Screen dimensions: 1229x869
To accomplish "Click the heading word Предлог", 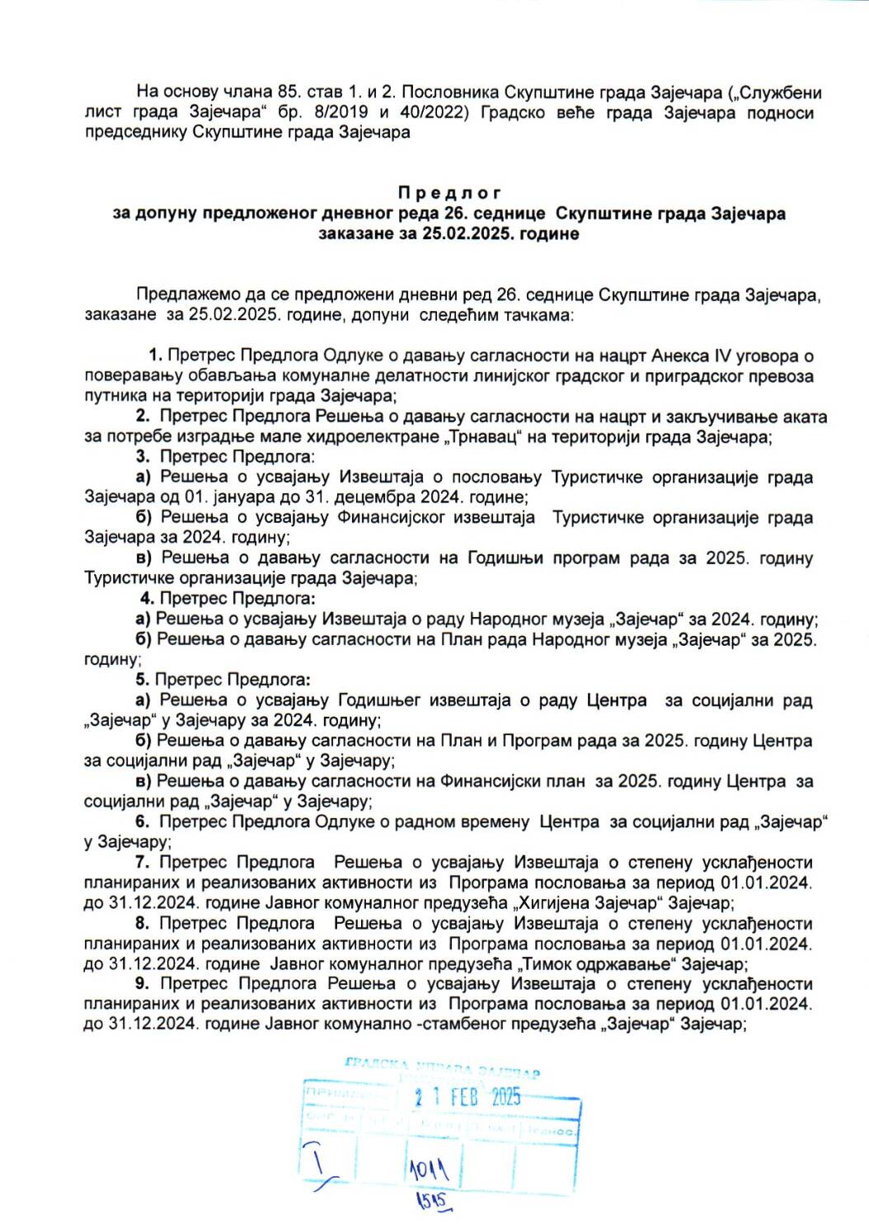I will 449,193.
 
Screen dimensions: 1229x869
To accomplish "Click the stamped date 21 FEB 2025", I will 467,1096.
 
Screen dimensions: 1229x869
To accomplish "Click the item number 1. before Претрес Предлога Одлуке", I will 156,356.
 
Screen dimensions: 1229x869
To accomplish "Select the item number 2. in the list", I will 143,417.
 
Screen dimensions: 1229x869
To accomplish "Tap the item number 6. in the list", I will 143,822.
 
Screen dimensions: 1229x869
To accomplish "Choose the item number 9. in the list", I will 143,983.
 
